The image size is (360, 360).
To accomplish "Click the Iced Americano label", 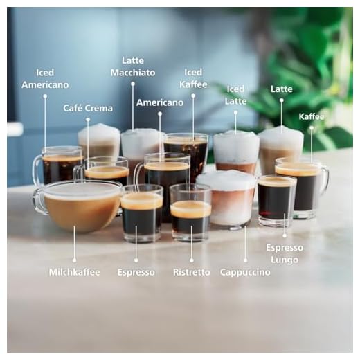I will (45, 78).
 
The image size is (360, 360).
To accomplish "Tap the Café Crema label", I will (88, 108).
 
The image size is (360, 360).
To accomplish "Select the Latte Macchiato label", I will (133, 66).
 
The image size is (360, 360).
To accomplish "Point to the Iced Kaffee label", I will (193, 78).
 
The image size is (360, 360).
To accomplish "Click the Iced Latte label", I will (235, 95).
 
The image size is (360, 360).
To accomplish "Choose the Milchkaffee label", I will (74, 272).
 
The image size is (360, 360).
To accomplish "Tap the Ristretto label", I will (191, 272).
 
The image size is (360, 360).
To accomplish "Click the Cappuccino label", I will (245, 272).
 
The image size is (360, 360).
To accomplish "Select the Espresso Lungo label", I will (285, 253).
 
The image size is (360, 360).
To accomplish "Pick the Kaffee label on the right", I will (312, 116).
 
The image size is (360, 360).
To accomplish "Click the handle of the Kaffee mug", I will (324, 178).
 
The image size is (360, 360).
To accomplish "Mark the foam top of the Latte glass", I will (281, 138).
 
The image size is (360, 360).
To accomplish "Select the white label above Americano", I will (160, 102).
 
